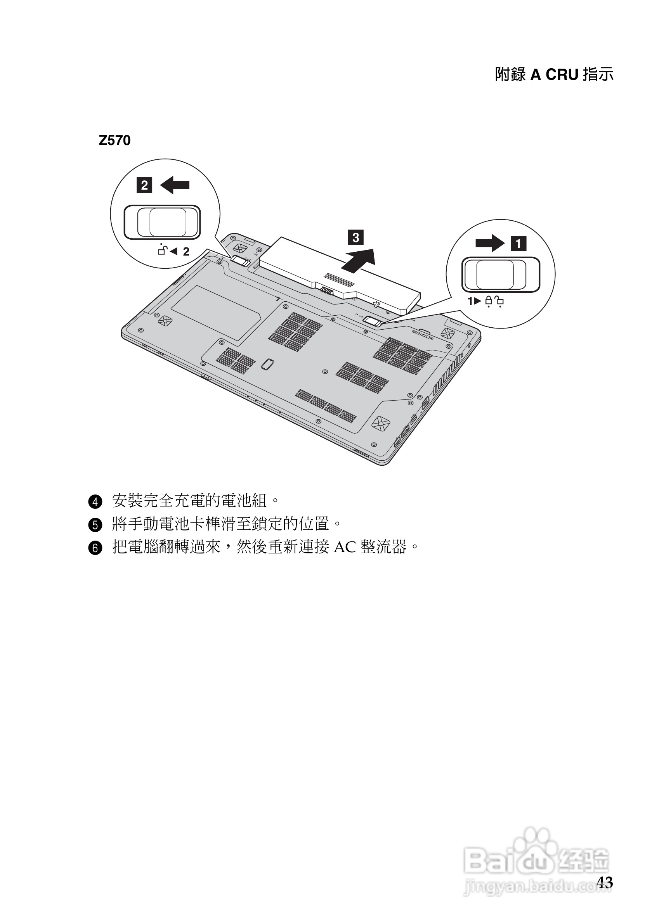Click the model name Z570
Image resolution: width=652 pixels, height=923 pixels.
click(114, 141)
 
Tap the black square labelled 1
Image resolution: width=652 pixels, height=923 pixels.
click(518, 244)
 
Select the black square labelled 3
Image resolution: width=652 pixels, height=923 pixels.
click(356, 237)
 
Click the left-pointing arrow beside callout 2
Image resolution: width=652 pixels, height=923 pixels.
click(175, 185)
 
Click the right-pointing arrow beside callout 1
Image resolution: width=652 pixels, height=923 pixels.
click(489, 243)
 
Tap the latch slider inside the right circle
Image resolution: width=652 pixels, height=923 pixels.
click(501, 275)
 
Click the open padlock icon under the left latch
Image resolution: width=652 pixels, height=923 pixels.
click(162, 251)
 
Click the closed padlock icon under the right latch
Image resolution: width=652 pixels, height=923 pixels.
click(489, 301)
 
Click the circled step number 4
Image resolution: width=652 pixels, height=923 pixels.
click(95, 502)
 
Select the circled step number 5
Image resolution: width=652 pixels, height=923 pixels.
click(95, 525)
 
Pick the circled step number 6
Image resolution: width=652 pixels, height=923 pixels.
click(95, 548)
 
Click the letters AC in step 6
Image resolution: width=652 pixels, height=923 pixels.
click(345, 548)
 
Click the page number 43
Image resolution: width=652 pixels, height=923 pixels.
click(605, 882)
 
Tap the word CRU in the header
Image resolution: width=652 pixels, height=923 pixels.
click(562, 75)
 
